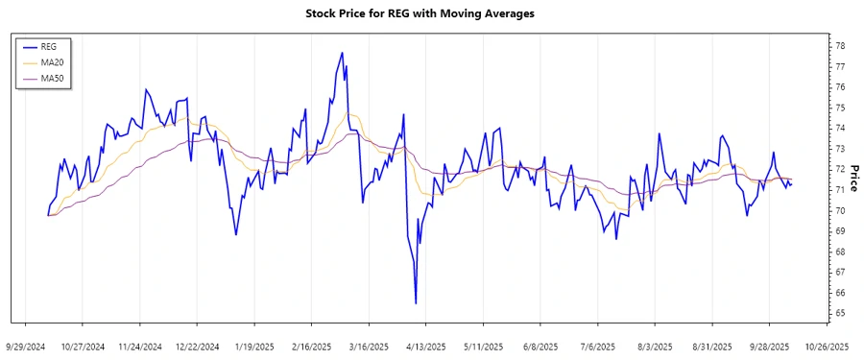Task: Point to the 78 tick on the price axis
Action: [x=839, y=46]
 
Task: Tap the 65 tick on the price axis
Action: [x=839, y=313]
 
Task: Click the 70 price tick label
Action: [x=839, y=210]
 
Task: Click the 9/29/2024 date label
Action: [x=26, y=346]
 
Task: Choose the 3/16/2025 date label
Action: [x=368, y=346]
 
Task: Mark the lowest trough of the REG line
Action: [x=416, y=303]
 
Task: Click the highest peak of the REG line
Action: [x=342, y=53]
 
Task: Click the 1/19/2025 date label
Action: [x=254, y=346]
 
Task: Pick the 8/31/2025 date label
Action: [x=711, y=346]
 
